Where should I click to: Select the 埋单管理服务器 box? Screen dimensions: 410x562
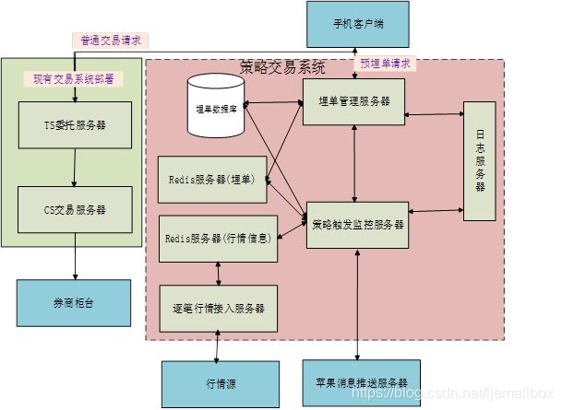coord(354,100)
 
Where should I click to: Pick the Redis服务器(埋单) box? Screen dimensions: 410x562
coord(211,177)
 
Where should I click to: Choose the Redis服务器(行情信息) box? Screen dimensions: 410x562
coord(218,238)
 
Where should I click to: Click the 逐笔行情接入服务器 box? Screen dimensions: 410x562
coord(218,307)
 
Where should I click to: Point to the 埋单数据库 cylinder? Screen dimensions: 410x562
coord(216,108)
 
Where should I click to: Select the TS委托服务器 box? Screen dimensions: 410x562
coord(76,123)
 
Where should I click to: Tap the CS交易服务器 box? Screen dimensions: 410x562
coord(76,209)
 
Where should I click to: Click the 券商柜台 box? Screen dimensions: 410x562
coord(74,301)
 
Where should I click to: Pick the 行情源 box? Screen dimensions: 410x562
coord(218,382)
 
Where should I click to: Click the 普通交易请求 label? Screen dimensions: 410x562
coord(112,41)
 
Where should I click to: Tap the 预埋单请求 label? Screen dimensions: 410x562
coord(384,64)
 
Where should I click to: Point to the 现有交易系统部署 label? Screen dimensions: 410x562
coord(74,78)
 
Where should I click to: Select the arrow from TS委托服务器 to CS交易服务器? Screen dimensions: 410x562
coord(75,167)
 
